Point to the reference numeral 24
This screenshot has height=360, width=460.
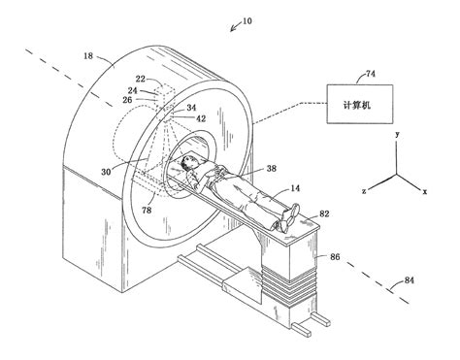pos(132,91)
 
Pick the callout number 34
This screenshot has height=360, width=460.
pos(192,109)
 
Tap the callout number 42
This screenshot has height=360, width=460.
pos(202,118)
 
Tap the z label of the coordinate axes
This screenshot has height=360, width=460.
pos(364,192)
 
